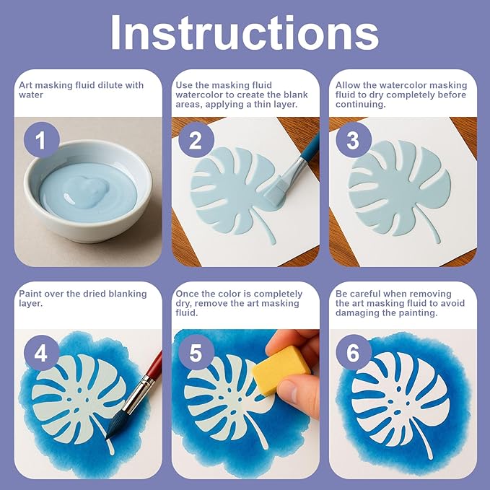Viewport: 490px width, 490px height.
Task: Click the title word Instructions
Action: point(245,32)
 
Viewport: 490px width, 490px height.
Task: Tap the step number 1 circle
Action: point(42,140)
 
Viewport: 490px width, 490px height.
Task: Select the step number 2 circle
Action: point(196,140)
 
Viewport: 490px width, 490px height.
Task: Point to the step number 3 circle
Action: point(354,140)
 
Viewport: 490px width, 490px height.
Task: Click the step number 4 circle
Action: point(42,353)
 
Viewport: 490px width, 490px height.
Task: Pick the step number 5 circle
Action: point(196,353)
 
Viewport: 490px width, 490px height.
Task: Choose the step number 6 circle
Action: point(354,352)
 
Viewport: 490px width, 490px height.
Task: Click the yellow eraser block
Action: point(281,369)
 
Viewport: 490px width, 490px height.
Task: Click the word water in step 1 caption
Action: point(31,95)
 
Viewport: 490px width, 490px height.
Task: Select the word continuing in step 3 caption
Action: point(361,105)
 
